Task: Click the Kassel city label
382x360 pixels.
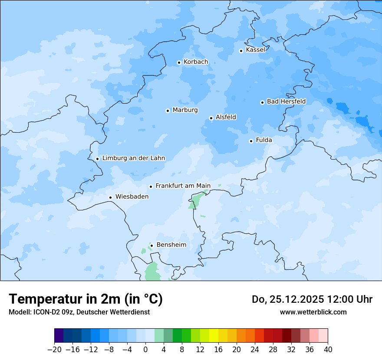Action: pos(255,50)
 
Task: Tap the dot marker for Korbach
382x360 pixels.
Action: pos(179,62)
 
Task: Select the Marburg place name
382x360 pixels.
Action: pos(185,110)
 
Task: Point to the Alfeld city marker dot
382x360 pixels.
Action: pos(211,118)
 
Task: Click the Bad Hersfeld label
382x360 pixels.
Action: pos(286,101)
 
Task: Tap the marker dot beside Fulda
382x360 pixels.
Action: pos(251,141)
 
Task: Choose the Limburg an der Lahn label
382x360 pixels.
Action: pos(133,158)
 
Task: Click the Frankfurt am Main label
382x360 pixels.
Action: pos(183,186)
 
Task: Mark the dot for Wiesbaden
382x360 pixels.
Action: pos(111,197)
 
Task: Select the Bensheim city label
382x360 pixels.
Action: pos(171,245)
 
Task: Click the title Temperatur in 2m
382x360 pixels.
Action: pos(86,299)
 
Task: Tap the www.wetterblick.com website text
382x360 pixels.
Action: pos(313,312)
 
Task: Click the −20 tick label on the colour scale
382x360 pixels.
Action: pos(54,350)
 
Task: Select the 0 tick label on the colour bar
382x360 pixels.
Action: pos(145,350)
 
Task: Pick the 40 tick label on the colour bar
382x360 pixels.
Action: pos(328,350)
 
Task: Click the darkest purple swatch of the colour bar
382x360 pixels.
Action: pos(59,336)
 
